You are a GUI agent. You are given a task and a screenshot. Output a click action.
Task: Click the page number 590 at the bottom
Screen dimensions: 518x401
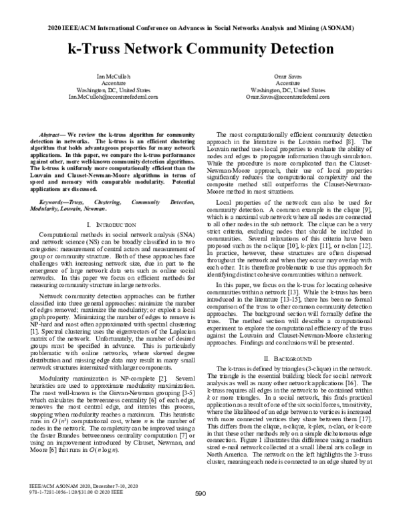click(200, 493)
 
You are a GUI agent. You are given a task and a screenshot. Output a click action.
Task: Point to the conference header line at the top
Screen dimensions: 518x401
click(200, 29)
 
